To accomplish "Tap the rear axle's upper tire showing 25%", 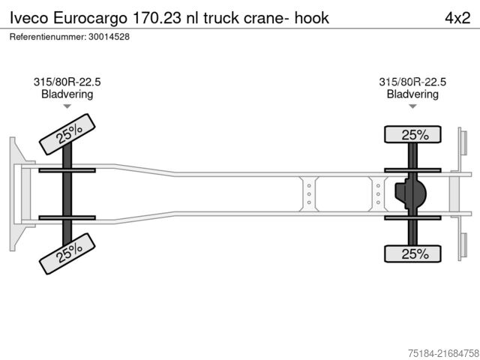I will click(413, 135).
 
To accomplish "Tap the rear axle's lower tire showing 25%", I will click(413, 254).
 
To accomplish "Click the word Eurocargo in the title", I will click(91, 16).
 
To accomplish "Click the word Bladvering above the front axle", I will click(67, 94).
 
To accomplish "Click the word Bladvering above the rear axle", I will click(412, 94).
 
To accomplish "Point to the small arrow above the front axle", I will click(67, 106).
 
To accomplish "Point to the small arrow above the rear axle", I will click(412, 106).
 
